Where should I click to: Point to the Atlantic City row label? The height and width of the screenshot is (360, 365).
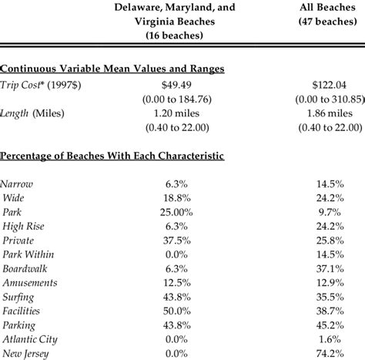29,339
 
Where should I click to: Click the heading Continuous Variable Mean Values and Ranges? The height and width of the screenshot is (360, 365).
112,69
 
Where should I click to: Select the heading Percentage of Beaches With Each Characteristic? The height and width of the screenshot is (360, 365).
112,156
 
